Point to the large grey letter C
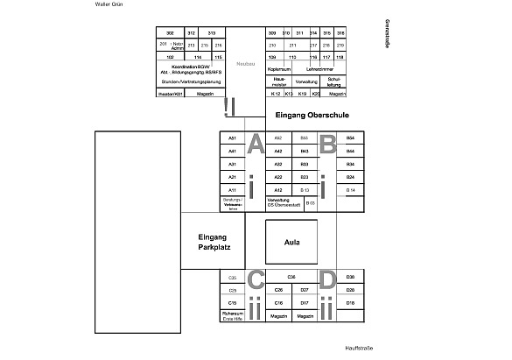[256, 280]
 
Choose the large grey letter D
[327, 280]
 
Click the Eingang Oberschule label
[309, 116]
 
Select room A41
[233, 152]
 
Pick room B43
[305, 152]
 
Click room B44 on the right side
[350, 152]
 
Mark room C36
[291, 277]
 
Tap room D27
[305, 289]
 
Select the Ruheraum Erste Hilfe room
[232, 317]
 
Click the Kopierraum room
[278, 68]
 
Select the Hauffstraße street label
[359, 349]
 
